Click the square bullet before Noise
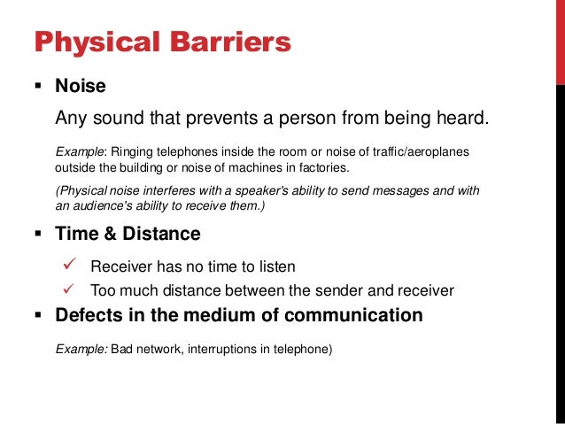click(x=38, y=87)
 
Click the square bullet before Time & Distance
click(x=38, y=235)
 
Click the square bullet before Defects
click(x=38, y=315)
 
